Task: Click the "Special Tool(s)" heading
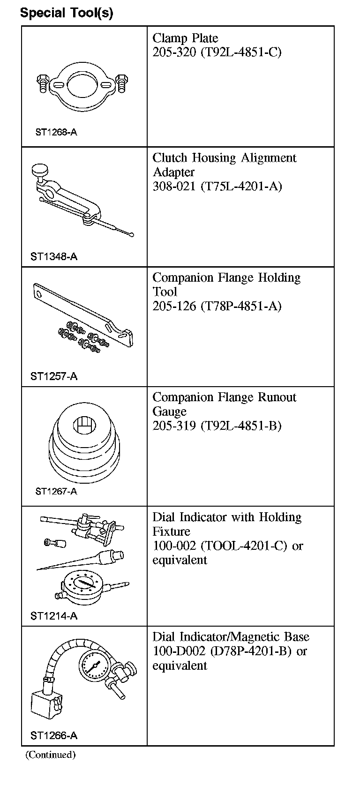click(67, 13)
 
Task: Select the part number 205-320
click(174, 52)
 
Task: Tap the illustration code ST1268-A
click(56, 132)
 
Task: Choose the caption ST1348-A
click(54, 256)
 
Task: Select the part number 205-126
click(174, 306)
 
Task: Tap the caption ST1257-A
click(54, 376)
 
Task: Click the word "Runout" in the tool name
click(277, 397)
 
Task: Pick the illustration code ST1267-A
click(56, 491)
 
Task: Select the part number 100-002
click(174, 546)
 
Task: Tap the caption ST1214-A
click(54, 616)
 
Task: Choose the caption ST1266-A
click(54, 735)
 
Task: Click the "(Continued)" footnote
click(50, 755)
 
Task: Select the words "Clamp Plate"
click(185, 38)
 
